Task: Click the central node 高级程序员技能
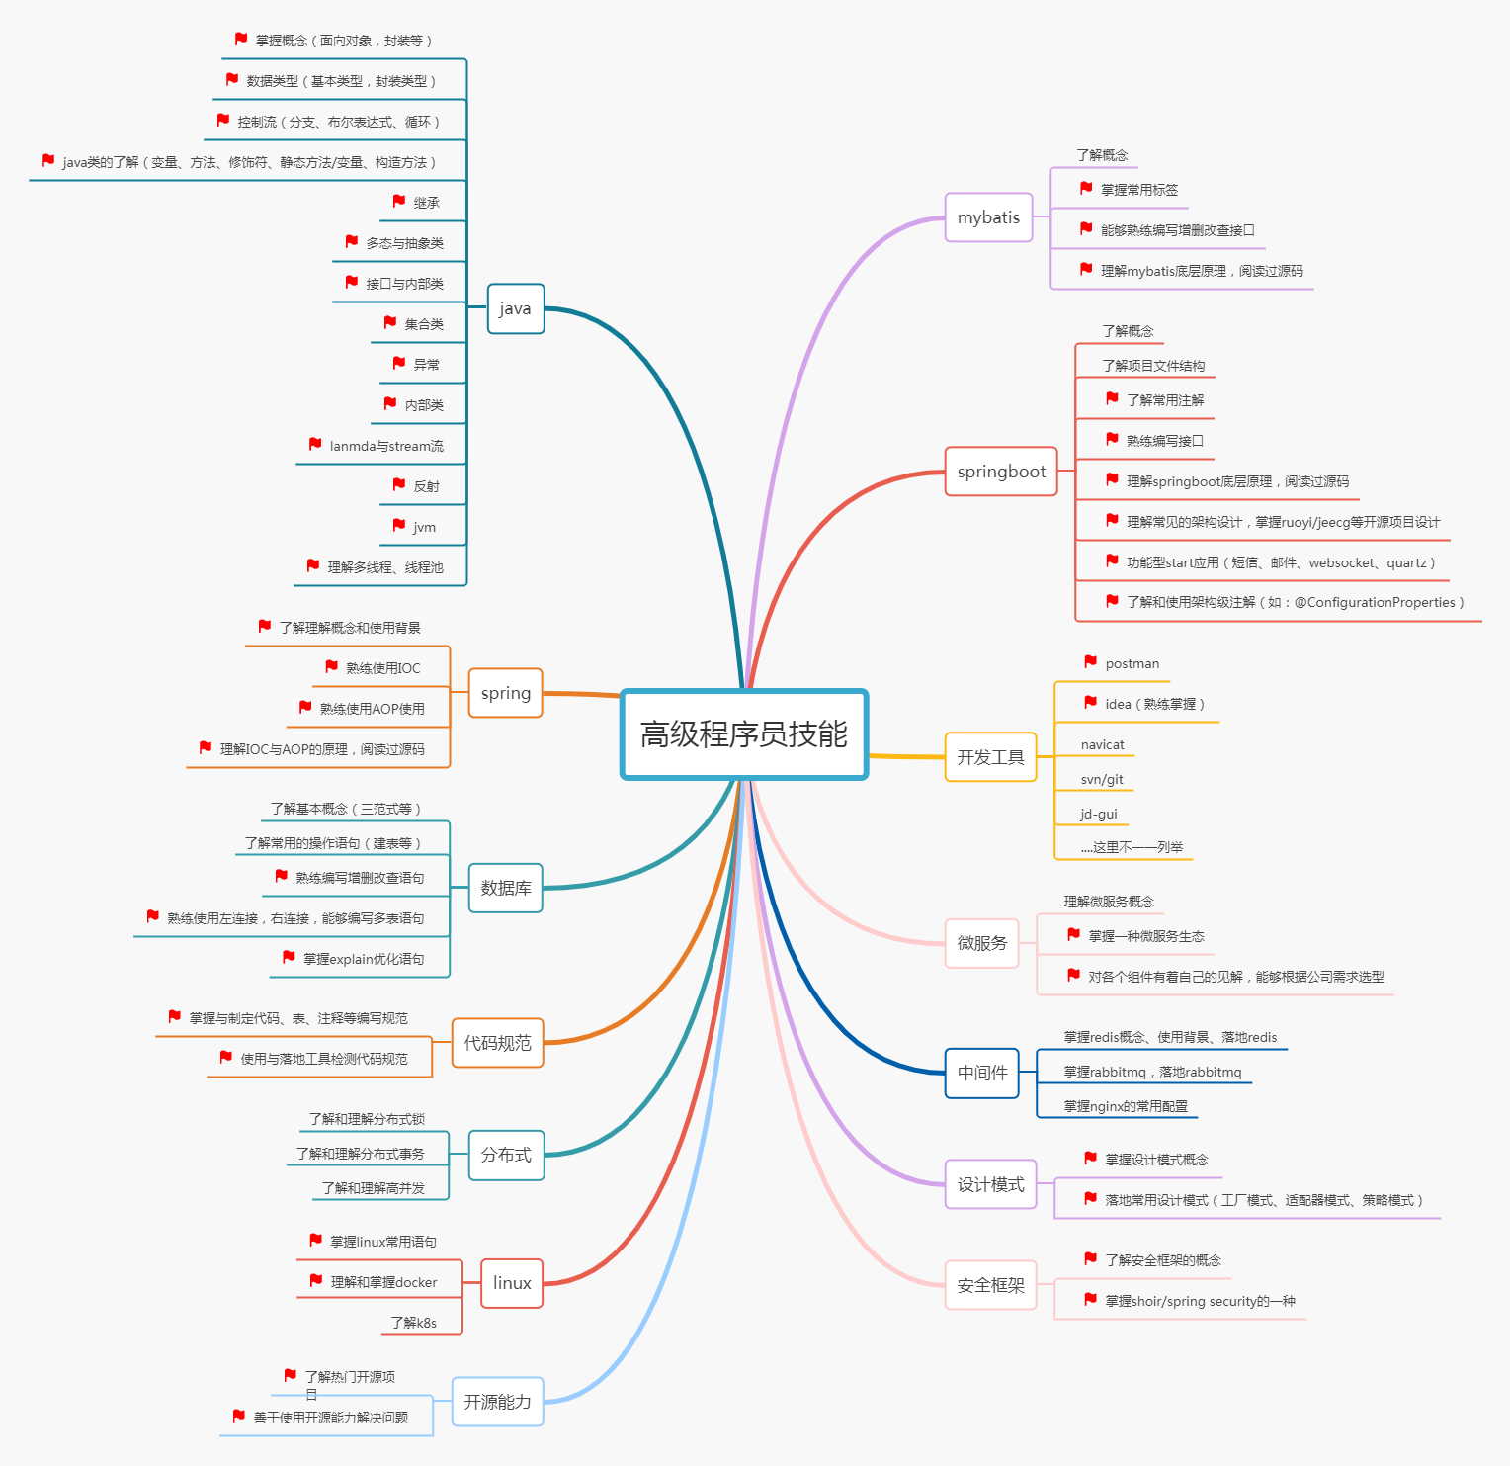[744, 734]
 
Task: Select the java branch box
[515, 308]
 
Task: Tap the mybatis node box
[988, 217]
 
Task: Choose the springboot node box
[1001, 472]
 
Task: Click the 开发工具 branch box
[990, 757]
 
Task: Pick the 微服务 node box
[981, 943]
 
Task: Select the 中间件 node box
[981, 1073]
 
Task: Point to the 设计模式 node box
[990, 1184]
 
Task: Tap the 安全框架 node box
[990, 1285]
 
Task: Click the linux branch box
[512, 1283]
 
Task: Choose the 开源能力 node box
[497, 1402]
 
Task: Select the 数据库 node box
[505, 888]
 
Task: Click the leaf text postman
[1132, 664]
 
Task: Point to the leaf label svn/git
[1102, 780]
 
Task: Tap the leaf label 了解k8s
[413, 1323]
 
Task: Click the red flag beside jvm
[399, 525]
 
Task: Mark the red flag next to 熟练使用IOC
[332, 666]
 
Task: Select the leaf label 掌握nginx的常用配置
[1126, 1106]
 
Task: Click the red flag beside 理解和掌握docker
[316, 1280]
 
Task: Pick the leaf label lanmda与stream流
[386, 447]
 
